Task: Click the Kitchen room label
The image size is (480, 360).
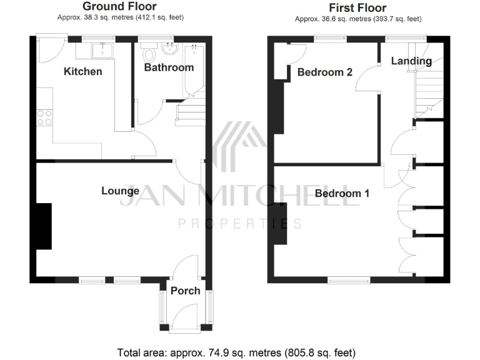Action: click(x=83, y=71)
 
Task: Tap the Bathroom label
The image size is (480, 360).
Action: click(x=169, y=67)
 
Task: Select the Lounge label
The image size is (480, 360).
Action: click(x=120, y=191)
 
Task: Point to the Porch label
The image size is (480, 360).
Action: click(x=186, y=290)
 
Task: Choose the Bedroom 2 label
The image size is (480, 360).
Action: click(x=324, y=72)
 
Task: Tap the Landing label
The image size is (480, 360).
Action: click(x=411, y=61)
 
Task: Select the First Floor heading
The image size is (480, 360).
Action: click(x=357, y=7)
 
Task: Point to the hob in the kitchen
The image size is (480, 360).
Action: click(x=44, y=117)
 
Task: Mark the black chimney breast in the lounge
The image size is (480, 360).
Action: click(x=44, y=226)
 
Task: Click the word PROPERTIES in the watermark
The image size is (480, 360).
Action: click(x=240, y=223)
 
